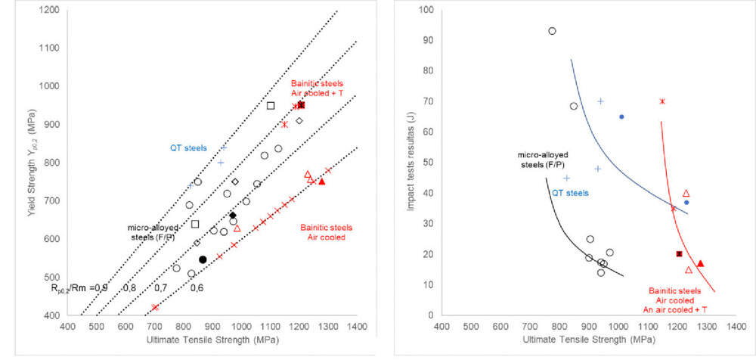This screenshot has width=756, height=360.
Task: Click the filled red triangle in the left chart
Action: point(322,182)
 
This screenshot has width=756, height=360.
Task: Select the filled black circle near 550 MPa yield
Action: point(203,259)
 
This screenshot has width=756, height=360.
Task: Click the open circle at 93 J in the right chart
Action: point(552,31)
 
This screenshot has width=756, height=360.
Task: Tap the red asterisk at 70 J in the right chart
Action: point(662,101)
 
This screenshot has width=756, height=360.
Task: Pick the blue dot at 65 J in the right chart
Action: point(621,116)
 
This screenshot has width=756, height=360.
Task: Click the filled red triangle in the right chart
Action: point(700,263)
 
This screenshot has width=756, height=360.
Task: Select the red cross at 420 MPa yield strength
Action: point(155,307)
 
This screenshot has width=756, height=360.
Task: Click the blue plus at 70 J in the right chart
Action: point(600,101)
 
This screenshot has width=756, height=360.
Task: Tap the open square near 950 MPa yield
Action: point(271,106)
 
